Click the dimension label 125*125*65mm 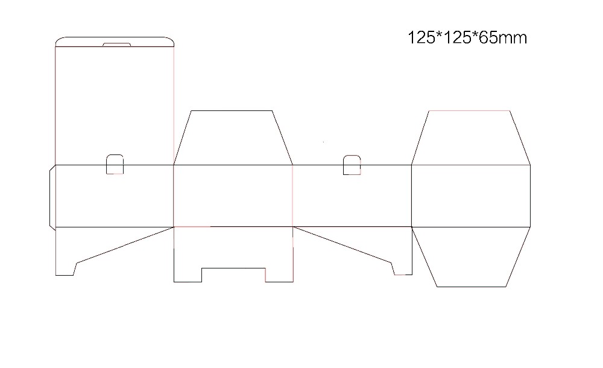coord(467,38)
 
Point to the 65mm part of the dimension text coord(507,38)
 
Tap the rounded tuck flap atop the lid coord(115,41)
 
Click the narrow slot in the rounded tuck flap coord(116,44)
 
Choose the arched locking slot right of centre coord(352,165)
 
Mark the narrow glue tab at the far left coord(52,196)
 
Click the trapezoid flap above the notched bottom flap coord(233,138)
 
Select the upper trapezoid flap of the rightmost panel coord(470,138)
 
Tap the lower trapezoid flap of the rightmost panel coord(470,256)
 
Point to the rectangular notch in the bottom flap coord(233,275)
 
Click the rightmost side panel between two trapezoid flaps coord(470,196)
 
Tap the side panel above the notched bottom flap coord(233,196)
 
